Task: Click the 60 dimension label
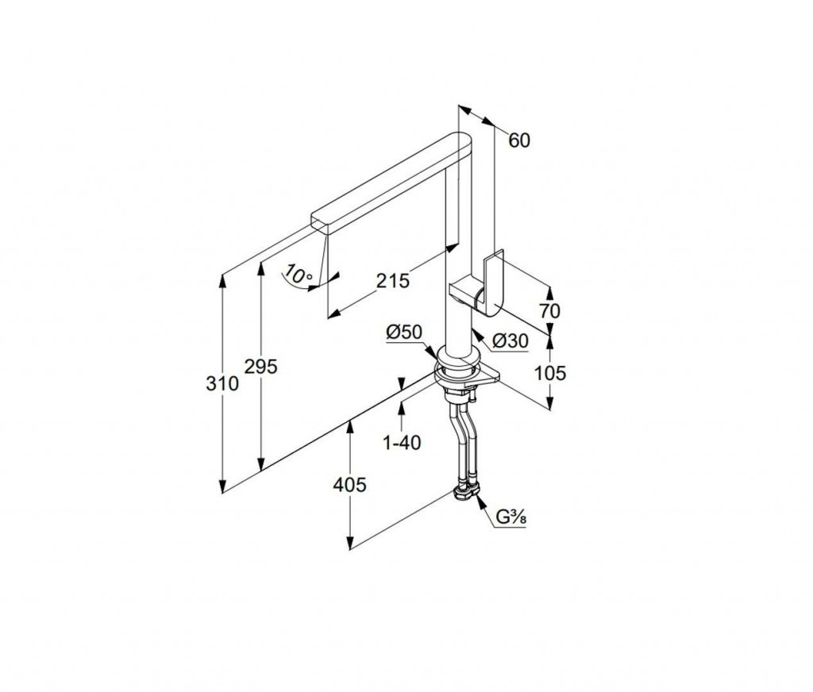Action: (x=518, y=140)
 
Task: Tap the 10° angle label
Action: (x=297, y=275)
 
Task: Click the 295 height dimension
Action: (x=260, y=366)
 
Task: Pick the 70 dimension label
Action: (x=548, y=310)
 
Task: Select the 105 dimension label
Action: (x=551, y=372)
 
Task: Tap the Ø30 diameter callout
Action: (x=510, y=340)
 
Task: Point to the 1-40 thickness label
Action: (x=402, y=443)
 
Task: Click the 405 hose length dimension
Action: (x=349, y=484)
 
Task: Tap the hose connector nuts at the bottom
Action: (x=466, y=494)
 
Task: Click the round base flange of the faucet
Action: (x=457, y=367)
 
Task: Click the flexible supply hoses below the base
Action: (x=461, y=444)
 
